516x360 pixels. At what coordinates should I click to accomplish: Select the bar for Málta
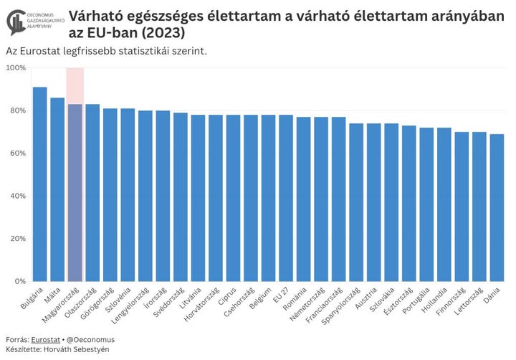pyautogui.click(x=57, y=189)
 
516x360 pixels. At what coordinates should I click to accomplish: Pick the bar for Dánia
pyautogui.click(x=497, y=208)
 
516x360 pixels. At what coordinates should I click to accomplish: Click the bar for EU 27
pyautogui.click(x=286, y=198)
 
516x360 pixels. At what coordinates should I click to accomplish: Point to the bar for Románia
pyautogui.click(x=303, y=199)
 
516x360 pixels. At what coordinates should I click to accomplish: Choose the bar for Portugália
pyautogui.click(x=426, y=204)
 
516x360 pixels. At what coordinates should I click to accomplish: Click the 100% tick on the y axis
pyautogui.click(x=16, y=68)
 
